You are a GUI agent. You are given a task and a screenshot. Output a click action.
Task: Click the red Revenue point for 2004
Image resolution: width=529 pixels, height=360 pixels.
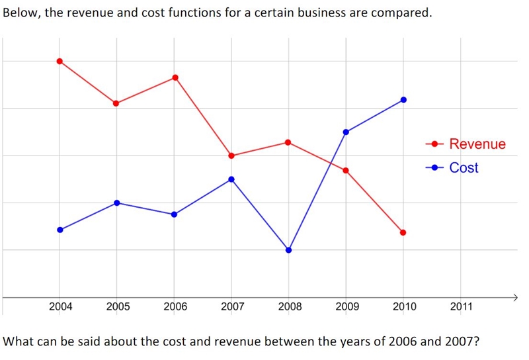pos(60,61)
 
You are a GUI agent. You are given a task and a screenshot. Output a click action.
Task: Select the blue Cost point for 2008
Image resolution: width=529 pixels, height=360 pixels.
pos(288,250)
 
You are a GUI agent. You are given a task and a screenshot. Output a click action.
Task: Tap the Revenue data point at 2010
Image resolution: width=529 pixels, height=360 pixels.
pos(403,232)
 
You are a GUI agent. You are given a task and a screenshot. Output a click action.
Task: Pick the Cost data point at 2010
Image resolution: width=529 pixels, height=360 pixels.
pos(403,100)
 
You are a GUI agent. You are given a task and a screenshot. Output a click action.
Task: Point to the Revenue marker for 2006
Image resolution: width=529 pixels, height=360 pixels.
pos(175,77)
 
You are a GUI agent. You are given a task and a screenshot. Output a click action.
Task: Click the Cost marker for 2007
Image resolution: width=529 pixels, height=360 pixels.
pos(231,179)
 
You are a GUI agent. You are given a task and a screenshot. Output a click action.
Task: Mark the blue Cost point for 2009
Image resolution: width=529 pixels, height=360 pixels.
pos(346,132)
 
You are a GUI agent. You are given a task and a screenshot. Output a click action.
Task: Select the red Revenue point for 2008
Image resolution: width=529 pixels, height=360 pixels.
pos(288,142)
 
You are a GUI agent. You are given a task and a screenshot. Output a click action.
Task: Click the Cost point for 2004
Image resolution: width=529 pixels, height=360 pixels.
pos(60,230)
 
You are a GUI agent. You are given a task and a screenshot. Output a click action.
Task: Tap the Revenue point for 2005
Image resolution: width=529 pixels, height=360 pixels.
pos(116,103)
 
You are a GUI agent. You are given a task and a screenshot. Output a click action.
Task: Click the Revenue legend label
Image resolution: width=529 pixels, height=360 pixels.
pos(477,144)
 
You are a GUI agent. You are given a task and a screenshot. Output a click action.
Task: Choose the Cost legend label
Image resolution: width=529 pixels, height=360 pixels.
pos(464,167)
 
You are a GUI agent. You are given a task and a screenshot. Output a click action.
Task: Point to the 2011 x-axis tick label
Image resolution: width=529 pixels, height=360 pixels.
pos(462,306)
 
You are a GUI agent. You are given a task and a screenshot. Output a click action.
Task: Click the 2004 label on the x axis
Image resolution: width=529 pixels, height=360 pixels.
pos(61,306)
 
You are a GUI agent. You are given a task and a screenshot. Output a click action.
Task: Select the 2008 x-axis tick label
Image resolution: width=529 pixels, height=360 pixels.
pos(290,306)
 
